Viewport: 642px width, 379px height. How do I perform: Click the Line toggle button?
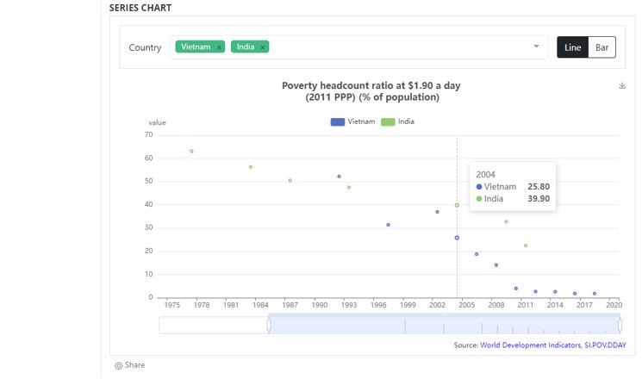click(x=572, y=47)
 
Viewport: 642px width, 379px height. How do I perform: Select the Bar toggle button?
click(x=601, y=47)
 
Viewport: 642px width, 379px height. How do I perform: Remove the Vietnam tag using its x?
click(x=220, y=47)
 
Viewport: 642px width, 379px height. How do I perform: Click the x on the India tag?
click(x=263, y=47)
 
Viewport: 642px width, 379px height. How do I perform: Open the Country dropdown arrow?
click(x=536, y=47)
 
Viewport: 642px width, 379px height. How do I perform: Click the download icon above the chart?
click(x=622, y=85)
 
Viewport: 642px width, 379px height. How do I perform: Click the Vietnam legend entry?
click(x=353, y=121)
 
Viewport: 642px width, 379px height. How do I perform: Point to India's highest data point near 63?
click(x=191, y=152)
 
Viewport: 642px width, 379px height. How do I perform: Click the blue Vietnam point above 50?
click(x=339, y=177)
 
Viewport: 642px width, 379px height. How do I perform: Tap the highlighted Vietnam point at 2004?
click(x=457, y=238)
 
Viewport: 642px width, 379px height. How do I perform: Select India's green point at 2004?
click(x=457, y=205)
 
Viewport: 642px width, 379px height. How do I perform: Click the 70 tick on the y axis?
click(x=148, y=134)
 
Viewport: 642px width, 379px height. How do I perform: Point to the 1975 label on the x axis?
click(x=171, y=305)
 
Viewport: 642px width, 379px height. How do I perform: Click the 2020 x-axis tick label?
click(x=614, y=305)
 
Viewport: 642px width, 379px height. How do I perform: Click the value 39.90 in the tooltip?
click(x=539, y=199)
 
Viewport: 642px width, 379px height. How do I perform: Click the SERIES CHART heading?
click(x=140, y=8)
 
